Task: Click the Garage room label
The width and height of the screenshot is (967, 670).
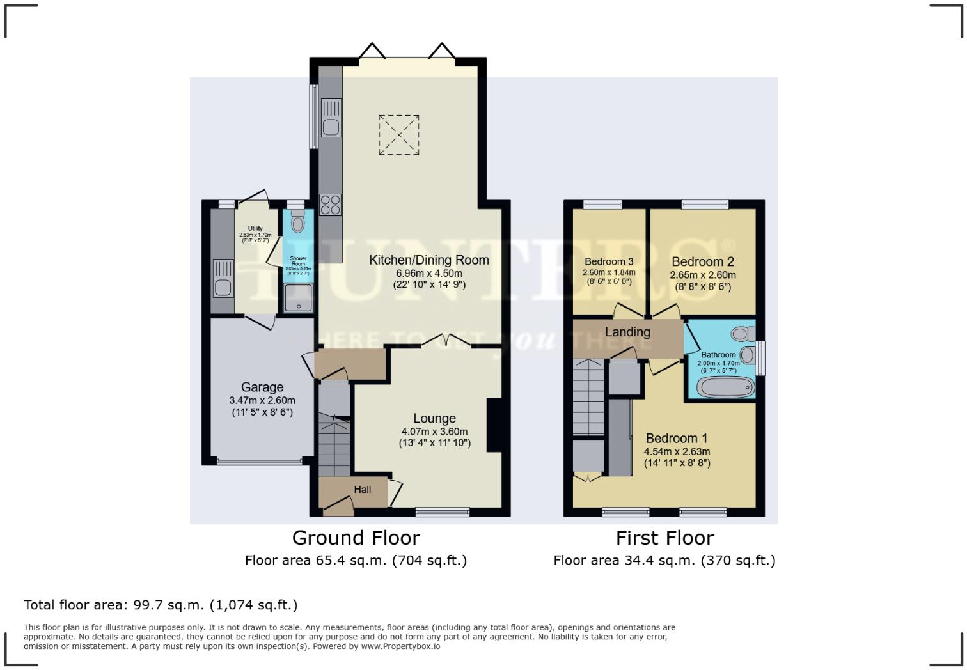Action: pos(262,387)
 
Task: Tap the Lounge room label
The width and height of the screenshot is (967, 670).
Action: pos(434,418)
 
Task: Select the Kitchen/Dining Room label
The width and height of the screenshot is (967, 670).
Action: pos(428,260)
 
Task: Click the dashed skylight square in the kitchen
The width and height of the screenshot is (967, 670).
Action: pos(398,135)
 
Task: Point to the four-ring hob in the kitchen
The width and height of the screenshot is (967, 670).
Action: pos(331,205)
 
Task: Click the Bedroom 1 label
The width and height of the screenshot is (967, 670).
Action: pos(676,438)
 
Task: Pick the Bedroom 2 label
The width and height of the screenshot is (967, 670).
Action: pos(702,261)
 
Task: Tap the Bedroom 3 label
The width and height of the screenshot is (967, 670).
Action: pos(609,261)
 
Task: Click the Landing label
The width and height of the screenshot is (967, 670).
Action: pos(627,332)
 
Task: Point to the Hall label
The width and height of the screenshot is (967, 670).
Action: pos(363,490)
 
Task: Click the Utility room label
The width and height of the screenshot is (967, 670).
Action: pos(255,228)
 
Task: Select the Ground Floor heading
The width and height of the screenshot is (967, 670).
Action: pos(356,538)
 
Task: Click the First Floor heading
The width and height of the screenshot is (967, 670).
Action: pos(664,538)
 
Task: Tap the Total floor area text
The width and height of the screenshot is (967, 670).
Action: pos(161,605)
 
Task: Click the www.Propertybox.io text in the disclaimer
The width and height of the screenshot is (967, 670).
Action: pos(400,646)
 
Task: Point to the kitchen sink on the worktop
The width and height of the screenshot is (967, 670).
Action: pos(331,127)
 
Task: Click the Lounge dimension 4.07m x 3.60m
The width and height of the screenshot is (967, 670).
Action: pos(434,432)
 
